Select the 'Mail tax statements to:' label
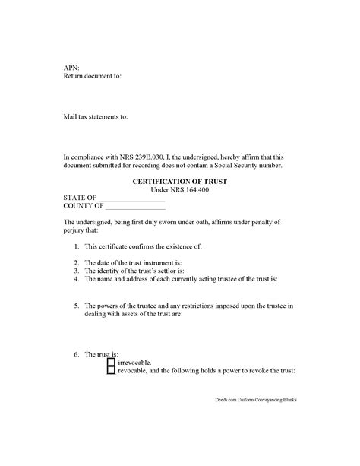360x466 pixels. tap(96, 117)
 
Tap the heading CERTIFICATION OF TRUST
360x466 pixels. tap(179, 181)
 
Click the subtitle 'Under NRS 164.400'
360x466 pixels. tap(179, 189)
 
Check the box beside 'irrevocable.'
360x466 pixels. tap(111, 362)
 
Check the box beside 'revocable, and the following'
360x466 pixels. tap(111, 371)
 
